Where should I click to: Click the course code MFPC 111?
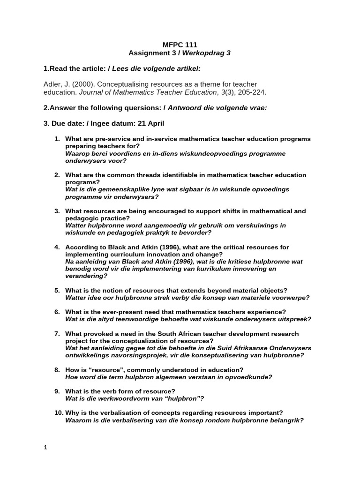tap(180, 45)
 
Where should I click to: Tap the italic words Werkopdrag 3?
tap(209, 53)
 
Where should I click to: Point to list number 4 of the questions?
tap(57, 247)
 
